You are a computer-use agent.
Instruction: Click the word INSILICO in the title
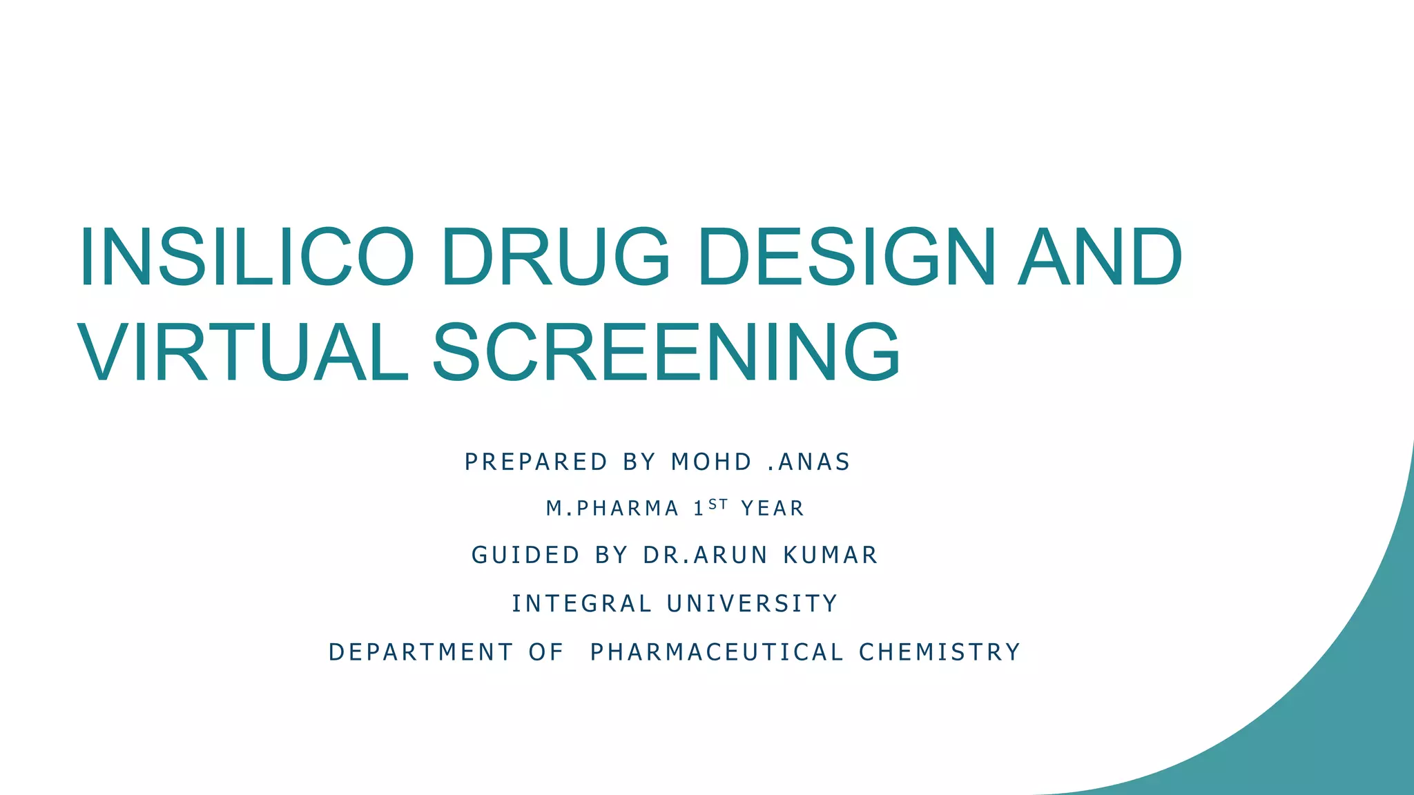pyautogui.click(x=246, y=257)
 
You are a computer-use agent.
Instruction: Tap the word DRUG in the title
pyautogui.click(x=555, y=257)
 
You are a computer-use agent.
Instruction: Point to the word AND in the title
pyautogui.click(x=1101, y=257)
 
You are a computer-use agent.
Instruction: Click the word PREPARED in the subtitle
pyautogui.click(x=536, y=462)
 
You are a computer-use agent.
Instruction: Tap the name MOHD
pyautogui.click(x=711, y=462)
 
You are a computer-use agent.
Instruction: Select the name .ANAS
pyautogui.click(x=808, y=462)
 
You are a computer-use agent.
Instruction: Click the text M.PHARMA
pyautogui.click(x=612, y=509)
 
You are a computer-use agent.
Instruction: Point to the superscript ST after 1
pyautogui.click(x=718, y=504)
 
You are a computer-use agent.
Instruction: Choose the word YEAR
pyautogui.click(x=773, y=509)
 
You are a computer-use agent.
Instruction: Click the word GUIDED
pyautogui.click(x=525, y=555)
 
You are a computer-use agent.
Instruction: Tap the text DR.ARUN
pyautogui.click(x=705, y=555)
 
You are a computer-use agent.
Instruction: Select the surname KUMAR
pyautogui.click(x=831, y=555)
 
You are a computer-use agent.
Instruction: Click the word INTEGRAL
pyautogui.click(x=581, y=604)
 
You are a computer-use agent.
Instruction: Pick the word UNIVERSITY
pyautogui.click(x=753, y=604)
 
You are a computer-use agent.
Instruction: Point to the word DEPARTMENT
pyautogui.click(x=420, y=652)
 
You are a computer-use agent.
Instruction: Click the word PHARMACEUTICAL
pyautogui.click(x=717, y=652)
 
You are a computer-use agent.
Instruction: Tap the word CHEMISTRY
pyautogui.click(x=940, y=652)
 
